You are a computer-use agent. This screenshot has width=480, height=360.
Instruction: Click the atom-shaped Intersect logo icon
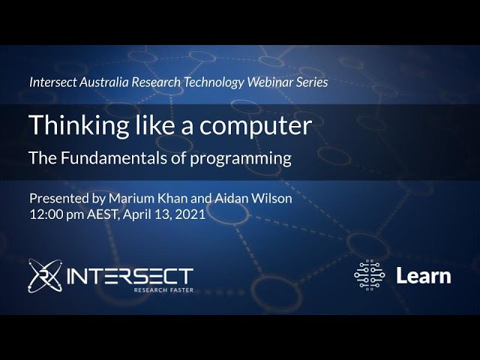pyautogui.click(x=44, y=275)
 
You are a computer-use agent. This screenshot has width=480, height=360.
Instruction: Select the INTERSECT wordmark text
pyautogui.click(x=130, y=275)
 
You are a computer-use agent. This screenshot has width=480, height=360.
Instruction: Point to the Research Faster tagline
pyautogui.click(x=163, y=289)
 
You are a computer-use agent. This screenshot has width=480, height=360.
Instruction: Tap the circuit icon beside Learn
pyautogui.click(x=370, y=275)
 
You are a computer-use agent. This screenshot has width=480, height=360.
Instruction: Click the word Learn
pyautogui.click(x=424, y=276)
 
